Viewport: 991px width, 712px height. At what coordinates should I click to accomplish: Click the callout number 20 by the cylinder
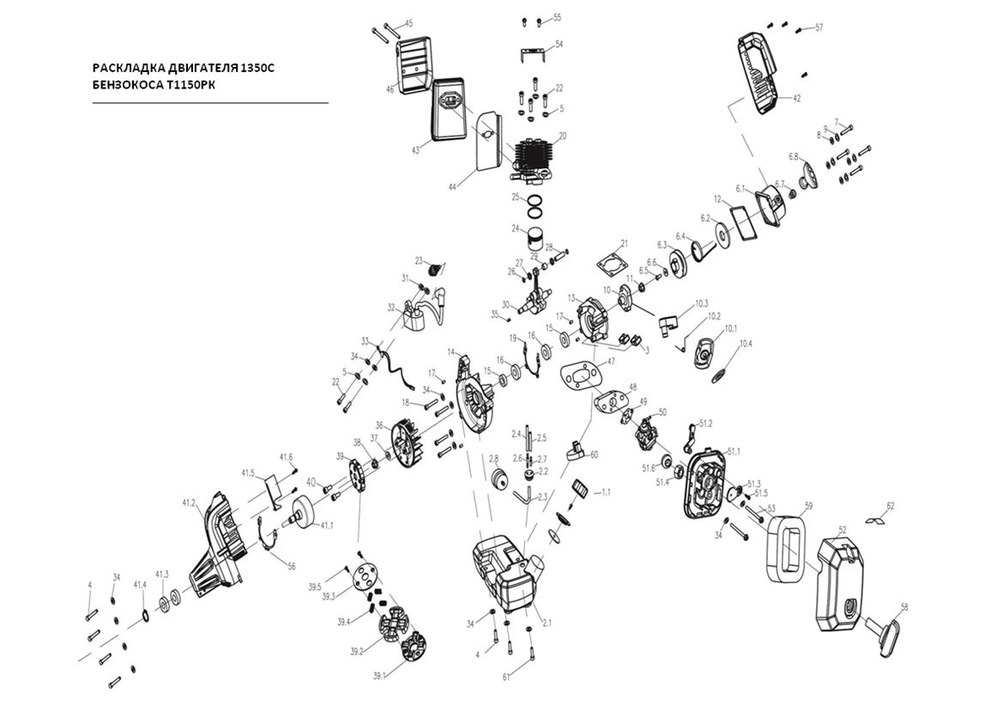[x=562, y=136]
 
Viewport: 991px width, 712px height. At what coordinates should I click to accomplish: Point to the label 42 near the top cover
[x=796, y=99]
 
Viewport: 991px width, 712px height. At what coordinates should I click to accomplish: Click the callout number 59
[x=807, y=505]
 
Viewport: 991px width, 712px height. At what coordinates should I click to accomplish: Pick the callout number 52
[x=843, y=529]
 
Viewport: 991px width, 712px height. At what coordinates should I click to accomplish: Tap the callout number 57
[x=819, y=27]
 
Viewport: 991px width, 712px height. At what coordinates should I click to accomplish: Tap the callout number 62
[x=890, y=505]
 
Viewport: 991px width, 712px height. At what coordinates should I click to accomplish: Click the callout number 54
[x=559, y=43]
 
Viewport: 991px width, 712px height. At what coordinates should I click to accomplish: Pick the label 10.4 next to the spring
[x=745, y=344]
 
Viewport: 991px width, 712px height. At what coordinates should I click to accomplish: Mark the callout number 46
[x=390, y=88]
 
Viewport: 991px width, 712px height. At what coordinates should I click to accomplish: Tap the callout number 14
[x=451, y=352]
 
